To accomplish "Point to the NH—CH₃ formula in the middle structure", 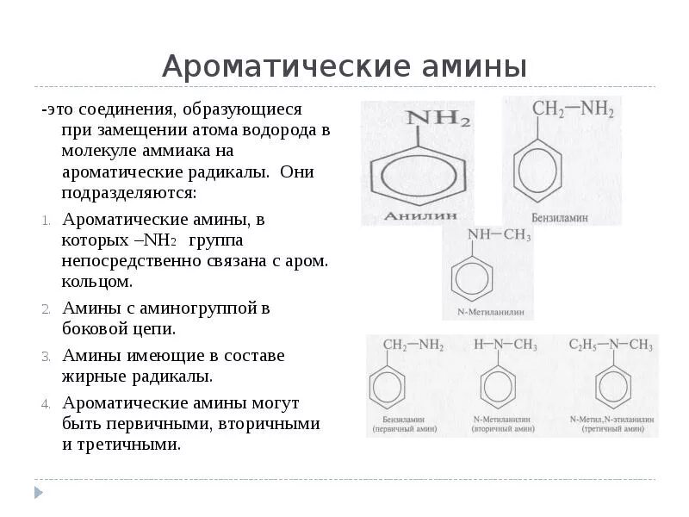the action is click(499, 236).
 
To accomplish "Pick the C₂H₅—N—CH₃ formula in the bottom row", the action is click(611, 345).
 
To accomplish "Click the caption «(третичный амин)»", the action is click(612, 428).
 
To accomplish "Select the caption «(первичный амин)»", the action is click(405, 428).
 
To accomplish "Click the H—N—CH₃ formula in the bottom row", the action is click(506, 345).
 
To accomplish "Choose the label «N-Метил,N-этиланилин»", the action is click(612, 419).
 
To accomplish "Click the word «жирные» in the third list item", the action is click(94, 376).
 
